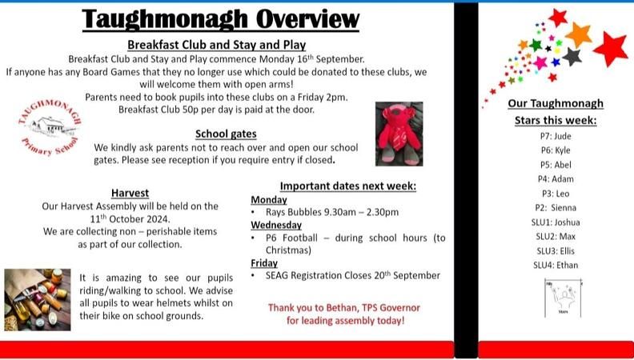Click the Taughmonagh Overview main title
(221, 18)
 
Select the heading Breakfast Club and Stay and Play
(216, 45)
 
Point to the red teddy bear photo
(399, 133)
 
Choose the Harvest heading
(130, 193)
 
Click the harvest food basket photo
(37, 299)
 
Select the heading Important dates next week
(348, 186)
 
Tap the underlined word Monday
(269, 199)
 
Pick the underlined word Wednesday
(276, 226)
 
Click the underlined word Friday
(264, 262)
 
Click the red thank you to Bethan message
(344, 314)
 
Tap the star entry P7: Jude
(556, 136)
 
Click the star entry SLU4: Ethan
(556, 265)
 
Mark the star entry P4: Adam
(556, 178)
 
